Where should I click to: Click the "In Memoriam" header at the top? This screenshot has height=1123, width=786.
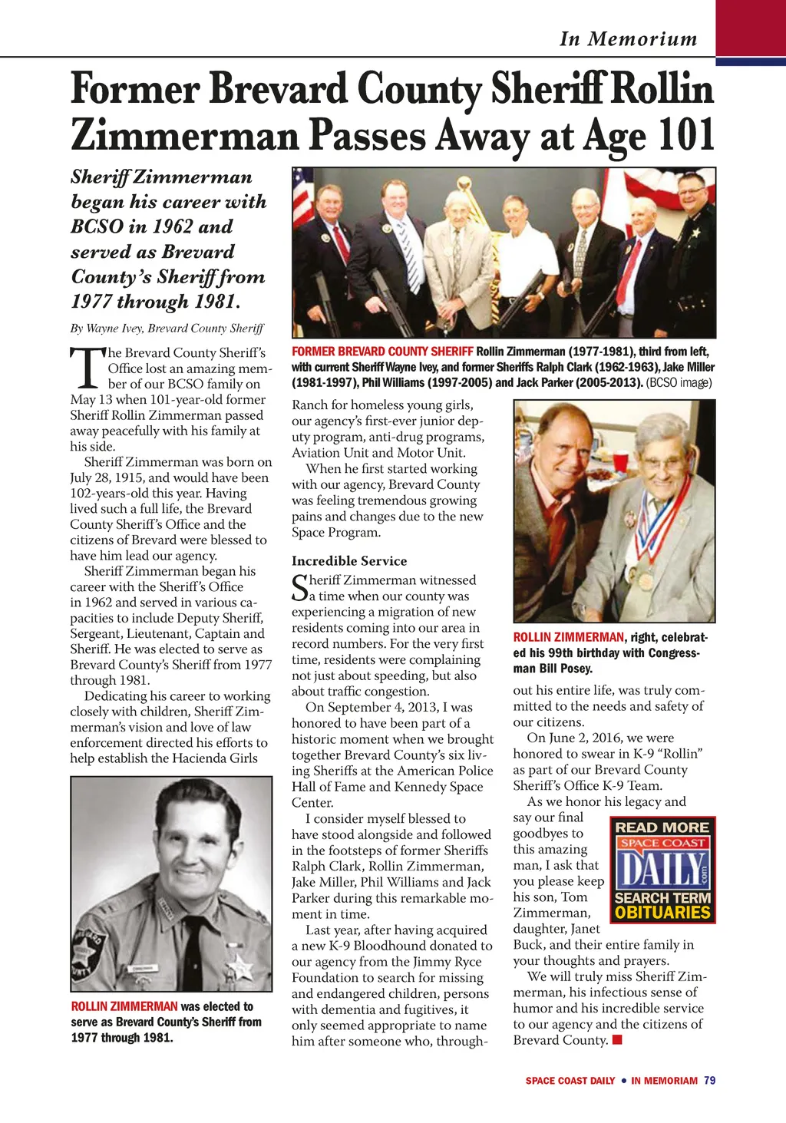point(628,39)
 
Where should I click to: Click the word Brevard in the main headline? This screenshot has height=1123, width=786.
point(277,88)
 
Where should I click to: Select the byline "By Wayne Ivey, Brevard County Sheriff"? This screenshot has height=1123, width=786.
point(167,329)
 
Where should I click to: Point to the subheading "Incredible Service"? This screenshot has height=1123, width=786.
point(349,561)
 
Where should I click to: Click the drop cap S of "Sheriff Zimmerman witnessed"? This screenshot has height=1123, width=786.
point(299,587)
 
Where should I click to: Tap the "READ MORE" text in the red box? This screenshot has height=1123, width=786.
point(662,827)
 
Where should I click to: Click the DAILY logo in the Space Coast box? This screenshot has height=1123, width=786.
point(662,870)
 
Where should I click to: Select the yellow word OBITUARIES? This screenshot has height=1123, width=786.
point(662,913)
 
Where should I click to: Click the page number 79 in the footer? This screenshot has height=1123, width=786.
point(709,1081)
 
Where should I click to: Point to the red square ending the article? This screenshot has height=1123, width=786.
point(617,1041)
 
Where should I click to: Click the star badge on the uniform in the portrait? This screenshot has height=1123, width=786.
point(239,964)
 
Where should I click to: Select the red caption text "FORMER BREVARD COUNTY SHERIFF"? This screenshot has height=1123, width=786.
point(382,352)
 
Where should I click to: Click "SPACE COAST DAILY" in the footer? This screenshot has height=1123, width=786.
point(570,1081)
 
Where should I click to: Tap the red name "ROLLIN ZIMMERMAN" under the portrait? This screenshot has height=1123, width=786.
point(124,1006)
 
